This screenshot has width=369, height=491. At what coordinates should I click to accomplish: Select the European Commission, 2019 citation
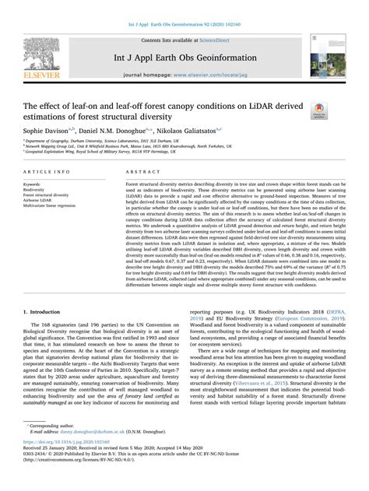pyautogui.click(x=287, y=340)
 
